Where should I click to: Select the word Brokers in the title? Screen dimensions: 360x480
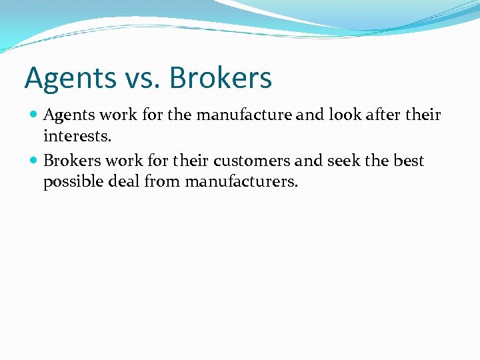point(221,78)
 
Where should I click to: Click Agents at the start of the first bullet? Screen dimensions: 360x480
point(70,115)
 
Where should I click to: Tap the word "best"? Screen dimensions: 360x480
point(408,161)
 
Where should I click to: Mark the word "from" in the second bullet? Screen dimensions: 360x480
point(163,181)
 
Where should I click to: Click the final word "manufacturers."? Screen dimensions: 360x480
point(241,181)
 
